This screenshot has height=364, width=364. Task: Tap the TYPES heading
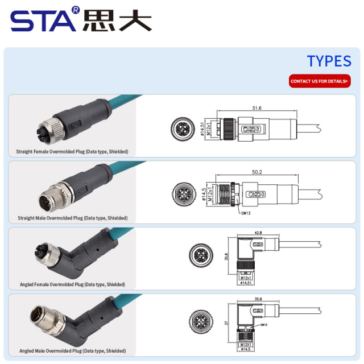pos(329,61)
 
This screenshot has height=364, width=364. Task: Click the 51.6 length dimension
pos(257,108)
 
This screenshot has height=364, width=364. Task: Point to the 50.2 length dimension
pos(257,172)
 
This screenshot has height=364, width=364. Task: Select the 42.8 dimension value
pos(258,233)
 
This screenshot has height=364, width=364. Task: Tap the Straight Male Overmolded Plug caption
pos(73,218)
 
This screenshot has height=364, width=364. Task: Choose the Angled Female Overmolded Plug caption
pos(72,284)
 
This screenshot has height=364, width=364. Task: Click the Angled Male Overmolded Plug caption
pos(72,351)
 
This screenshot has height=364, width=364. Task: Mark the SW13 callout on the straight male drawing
pos(246,213)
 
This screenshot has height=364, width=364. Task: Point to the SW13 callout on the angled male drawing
pos(263,325)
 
